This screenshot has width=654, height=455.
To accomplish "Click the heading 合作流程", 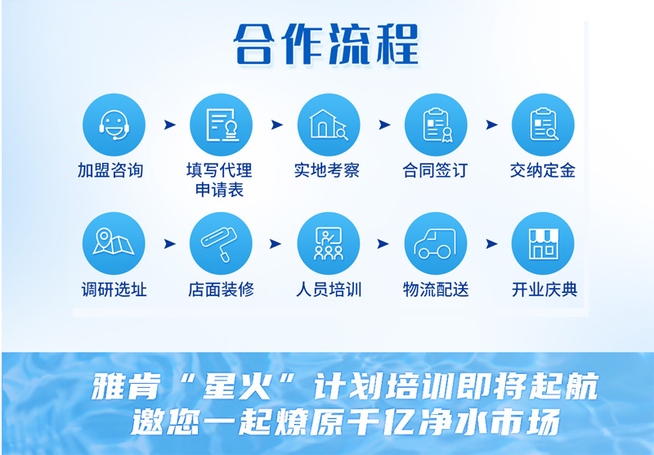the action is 326,45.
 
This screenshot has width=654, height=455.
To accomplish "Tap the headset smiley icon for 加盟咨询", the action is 114,125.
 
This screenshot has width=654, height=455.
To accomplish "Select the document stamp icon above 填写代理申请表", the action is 221,125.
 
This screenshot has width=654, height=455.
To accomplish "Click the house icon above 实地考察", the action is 329,125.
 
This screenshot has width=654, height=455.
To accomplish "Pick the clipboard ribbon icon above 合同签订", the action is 436,125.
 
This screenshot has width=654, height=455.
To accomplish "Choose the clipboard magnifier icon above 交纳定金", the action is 543,125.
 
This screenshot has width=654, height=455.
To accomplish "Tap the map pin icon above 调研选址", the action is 114,243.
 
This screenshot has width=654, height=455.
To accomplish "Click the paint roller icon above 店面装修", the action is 221,243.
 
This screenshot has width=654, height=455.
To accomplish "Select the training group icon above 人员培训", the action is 329,243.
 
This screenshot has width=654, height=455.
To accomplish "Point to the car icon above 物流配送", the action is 436,243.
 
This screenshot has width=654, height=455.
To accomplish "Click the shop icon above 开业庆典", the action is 543,243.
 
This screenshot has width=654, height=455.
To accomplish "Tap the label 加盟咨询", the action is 110,170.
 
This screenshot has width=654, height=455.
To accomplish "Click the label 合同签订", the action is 435,170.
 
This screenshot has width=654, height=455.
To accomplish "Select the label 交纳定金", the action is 543,170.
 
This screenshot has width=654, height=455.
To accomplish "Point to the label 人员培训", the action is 329,289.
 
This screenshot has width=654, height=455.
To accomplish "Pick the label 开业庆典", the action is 544,289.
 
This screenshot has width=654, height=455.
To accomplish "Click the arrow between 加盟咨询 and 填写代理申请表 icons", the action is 170,124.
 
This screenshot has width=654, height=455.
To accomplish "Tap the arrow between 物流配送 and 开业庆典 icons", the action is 492,243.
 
